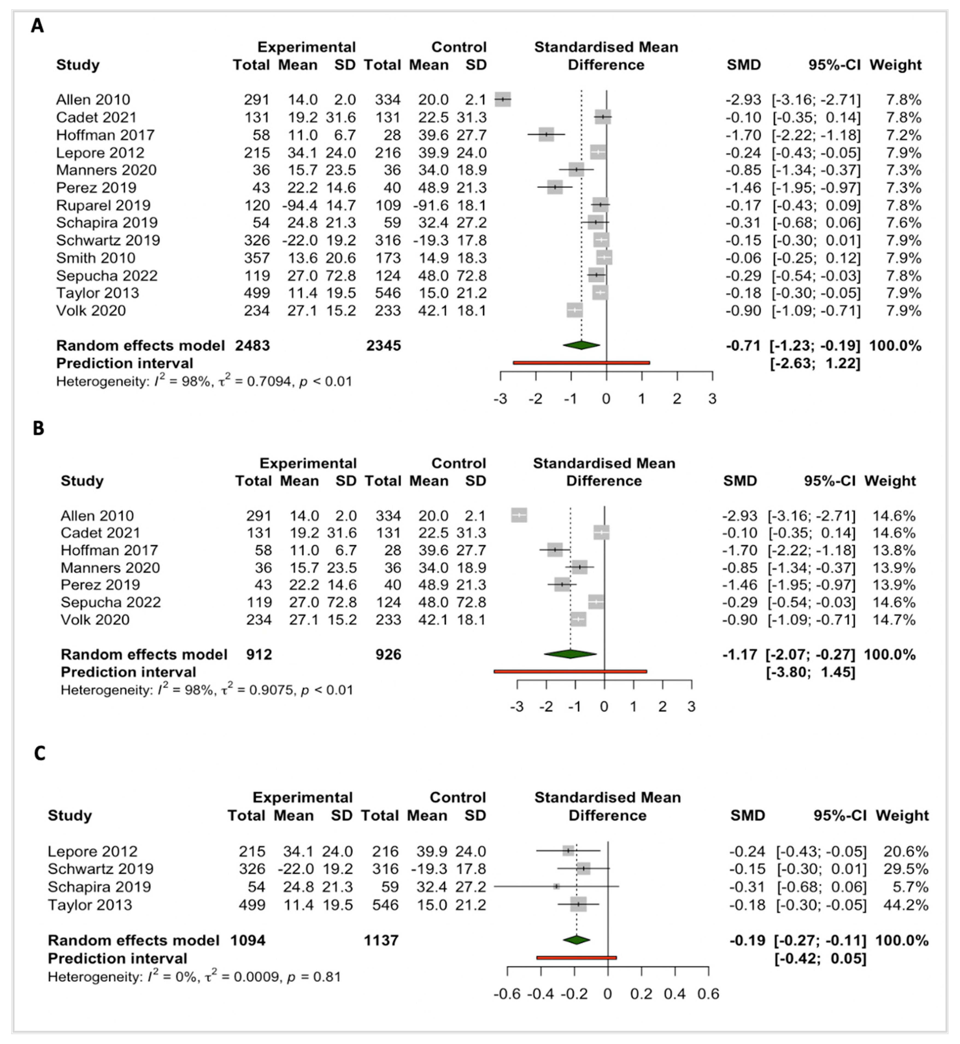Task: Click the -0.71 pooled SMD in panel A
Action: tap(743, 346)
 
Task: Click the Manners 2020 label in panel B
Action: tap(110, 568)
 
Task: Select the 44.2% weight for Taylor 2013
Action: tap(905, 905)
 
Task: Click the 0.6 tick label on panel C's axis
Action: tap(708, 994)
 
